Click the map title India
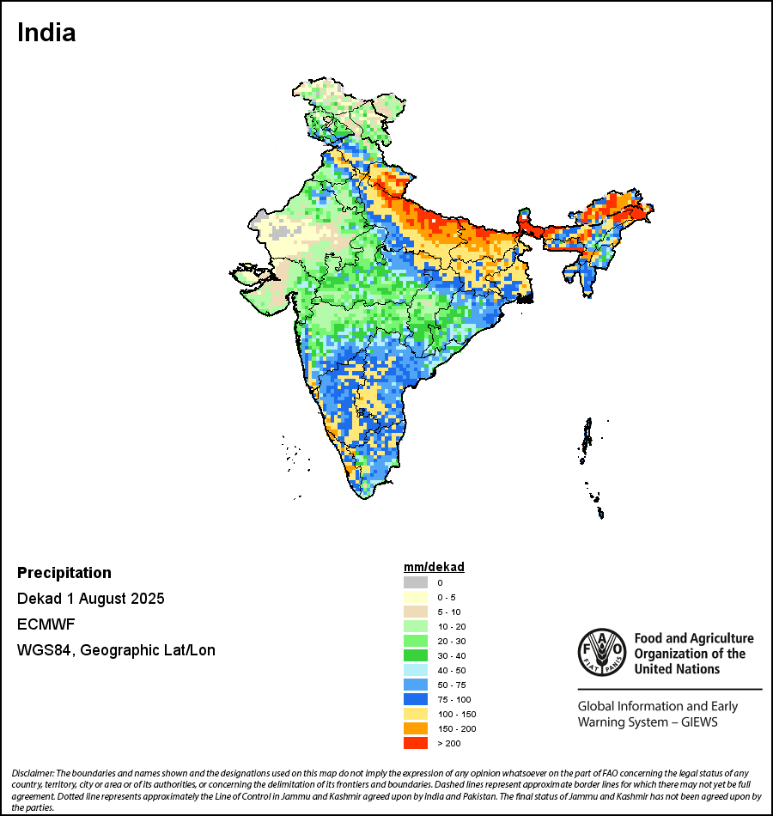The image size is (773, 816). click(x=46, y=33)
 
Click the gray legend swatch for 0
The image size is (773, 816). click(x=416, y=582)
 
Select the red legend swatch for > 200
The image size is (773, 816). click(x=416, y=743)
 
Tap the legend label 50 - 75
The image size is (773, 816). click(x=451, y=685)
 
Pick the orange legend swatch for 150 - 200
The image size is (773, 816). click(x=416, y=728)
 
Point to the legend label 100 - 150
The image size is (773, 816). click(x=456, y=714)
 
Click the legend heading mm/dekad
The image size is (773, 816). click(x=434, y=567)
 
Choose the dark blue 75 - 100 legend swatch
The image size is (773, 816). click(x=416, y=699)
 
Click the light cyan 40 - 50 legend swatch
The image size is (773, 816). click(x=416, y=670)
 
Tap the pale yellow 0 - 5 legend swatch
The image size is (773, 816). click(x=416, y=597)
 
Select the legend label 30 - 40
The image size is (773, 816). click(x=451, y=655)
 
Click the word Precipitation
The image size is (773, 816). click(x=64, y=573)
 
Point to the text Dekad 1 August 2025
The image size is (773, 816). click(x=90, y=599)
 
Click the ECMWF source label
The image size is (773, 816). click(x=45, y=624)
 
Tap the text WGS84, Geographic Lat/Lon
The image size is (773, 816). click(x=116, y=650)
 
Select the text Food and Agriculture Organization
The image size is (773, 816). click(x=693, y=653)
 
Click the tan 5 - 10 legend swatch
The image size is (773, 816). click(x=416, y=612)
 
